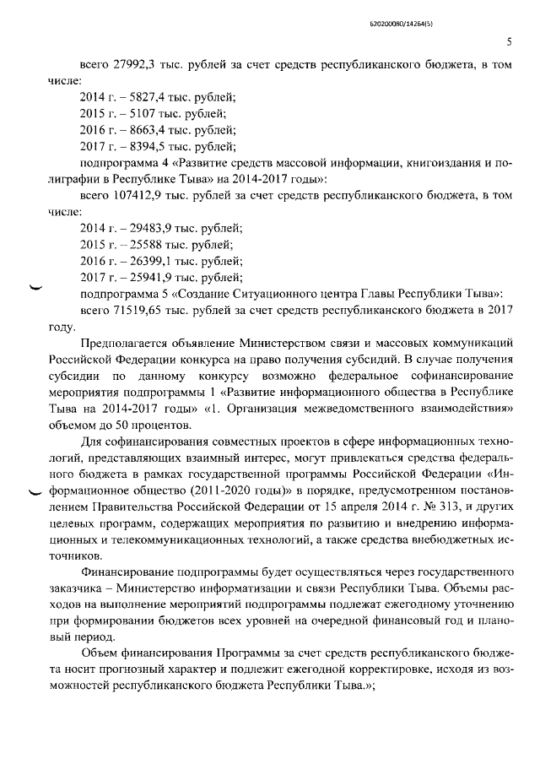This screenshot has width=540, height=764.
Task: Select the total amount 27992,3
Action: click(x=125, y=67)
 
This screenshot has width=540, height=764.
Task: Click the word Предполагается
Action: click(x=123, y=343)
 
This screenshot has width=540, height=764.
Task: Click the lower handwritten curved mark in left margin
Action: click(x=35, y=492)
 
